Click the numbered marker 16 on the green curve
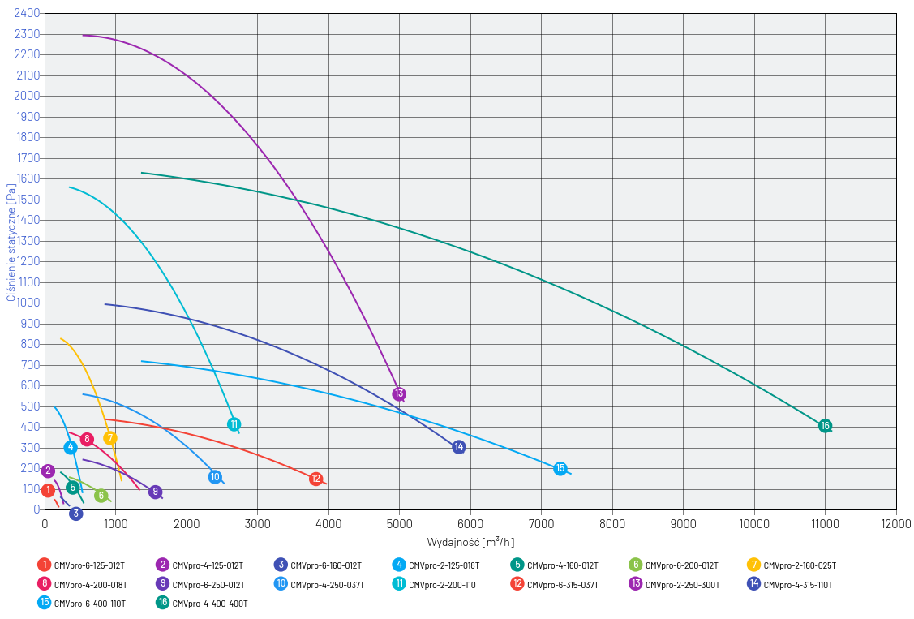[x=825, y=426]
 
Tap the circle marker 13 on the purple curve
[x=399, y=393]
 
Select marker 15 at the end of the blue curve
[x=560, y=468]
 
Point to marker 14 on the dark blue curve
[x=459, y=447]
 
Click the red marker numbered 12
[x=316, y=479]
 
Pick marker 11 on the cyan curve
[x=234, y=424]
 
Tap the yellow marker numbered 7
[x=110, y=438]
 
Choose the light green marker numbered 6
[x=101, y=496]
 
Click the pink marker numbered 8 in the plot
[x=87, y=439]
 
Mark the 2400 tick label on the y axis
[x=28, y=14]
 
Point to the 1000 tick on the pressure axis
[x=28, y=303]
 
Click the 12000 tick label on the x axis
[x=895, y=523]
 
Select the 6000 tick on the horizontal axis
[x=470, y=523]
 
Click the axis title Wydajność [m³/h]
[x=470, y=542]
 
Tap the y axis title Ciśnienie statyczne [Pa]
[x=11, y=243]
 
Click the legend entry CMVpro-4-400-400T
[x=209, y=604]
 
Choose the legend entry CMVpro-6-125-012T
[x=89, y=565]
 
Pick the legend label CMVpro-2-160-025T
[x=800, y=565]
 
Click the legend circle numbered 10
[x=281, y=584]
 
